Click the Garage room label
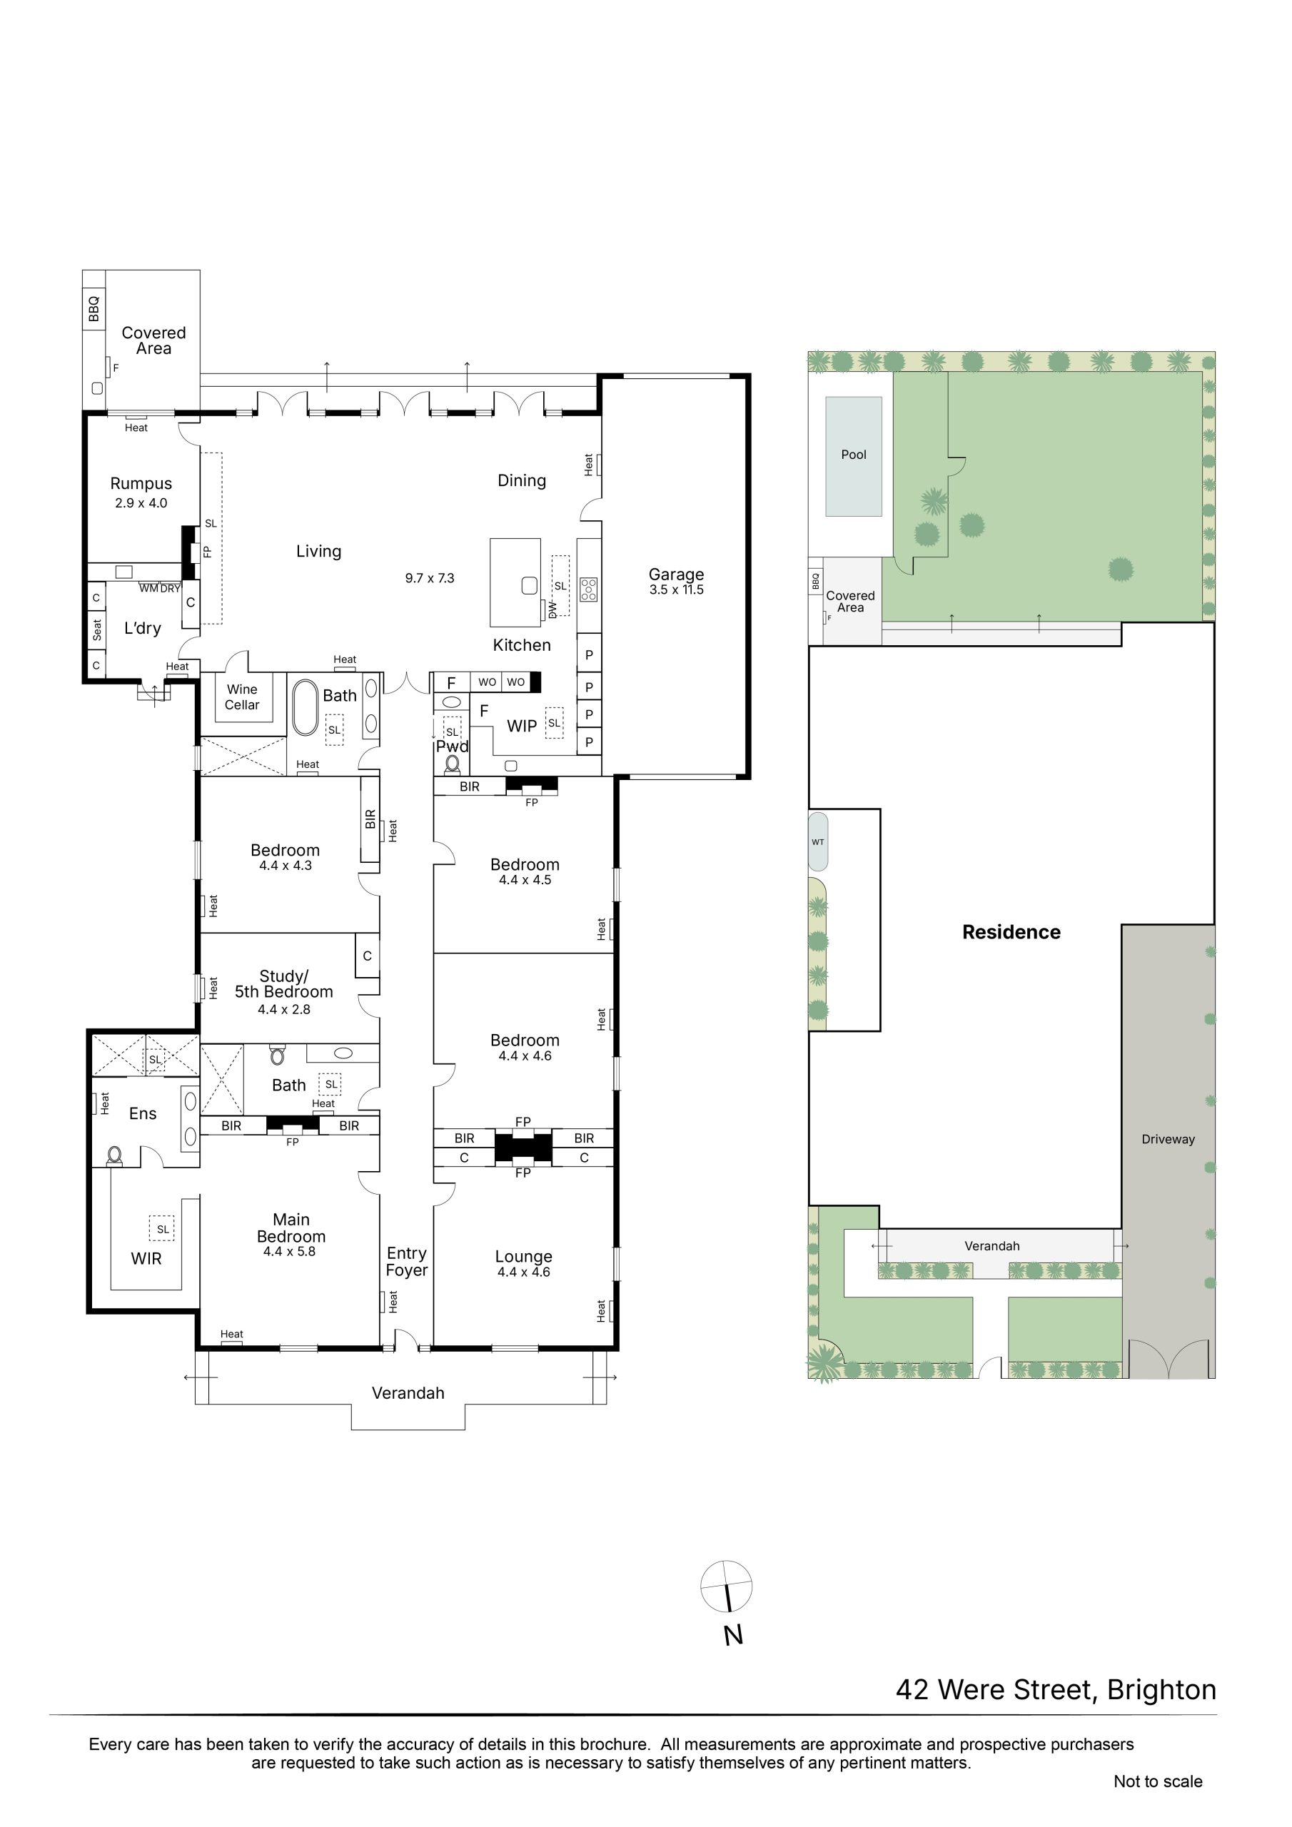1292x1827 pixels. click(x=676, y=574)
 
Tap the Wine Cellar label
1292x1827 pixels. click(x=242, y=697)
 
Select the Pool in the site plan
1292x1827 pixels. click(x=854, y=456)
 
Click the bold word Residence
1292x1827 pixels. click(x=1011, y=932)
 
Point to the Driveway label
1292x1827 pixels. click(x=1168, y=1139)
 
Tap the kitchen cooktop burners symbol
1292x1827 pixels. click(x=588, y=589)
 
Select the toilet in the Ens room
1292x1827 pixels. click(x=116, y=1155)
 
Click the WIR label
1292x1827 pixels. click(x=146, y=1258)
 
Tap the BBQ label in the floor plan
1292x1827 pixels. click(x=94, y=309)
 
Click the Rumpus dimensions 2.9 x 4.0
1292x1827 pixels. click(x=141, y=503)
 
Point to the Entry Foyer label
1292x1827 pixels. click(x=407, y=1262)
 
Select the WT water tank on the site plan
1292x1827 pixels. click(x=818, y=841)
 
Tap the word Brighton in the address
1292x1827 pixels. click(x=1161, y=1690)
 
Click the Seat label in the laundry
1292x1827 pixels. click(x=97, y=630)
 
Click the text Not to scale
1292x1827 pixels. click(x=1158, y=1781)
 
